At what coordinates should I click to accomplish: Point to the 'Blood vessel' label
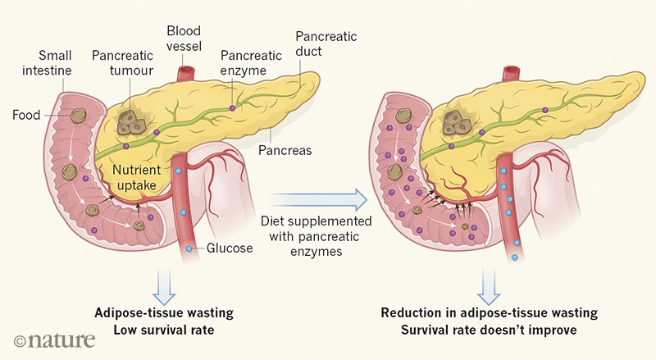(184, 39)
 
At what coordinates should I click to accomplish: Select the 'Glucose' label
(230, 248)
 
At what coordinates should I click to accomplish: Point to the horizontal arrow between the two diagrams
(317, 197)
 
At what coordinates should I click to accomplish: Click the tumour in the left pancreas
(129, 123)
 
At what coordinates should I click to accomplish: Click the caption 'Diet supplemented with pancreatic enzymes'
(316, 236)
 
